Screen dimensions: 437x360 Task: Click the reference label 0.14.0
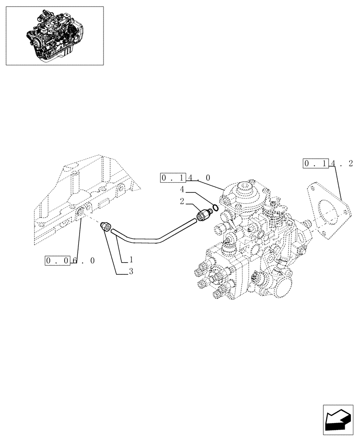tap(186, 178)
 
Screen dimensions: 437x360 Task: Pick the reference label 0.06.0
tap(70, 260)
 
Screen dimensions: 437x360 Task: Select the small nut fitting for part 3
tap(105, 226)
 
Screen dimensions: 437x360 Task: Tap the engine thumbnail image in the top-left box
tap(55, 36)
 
